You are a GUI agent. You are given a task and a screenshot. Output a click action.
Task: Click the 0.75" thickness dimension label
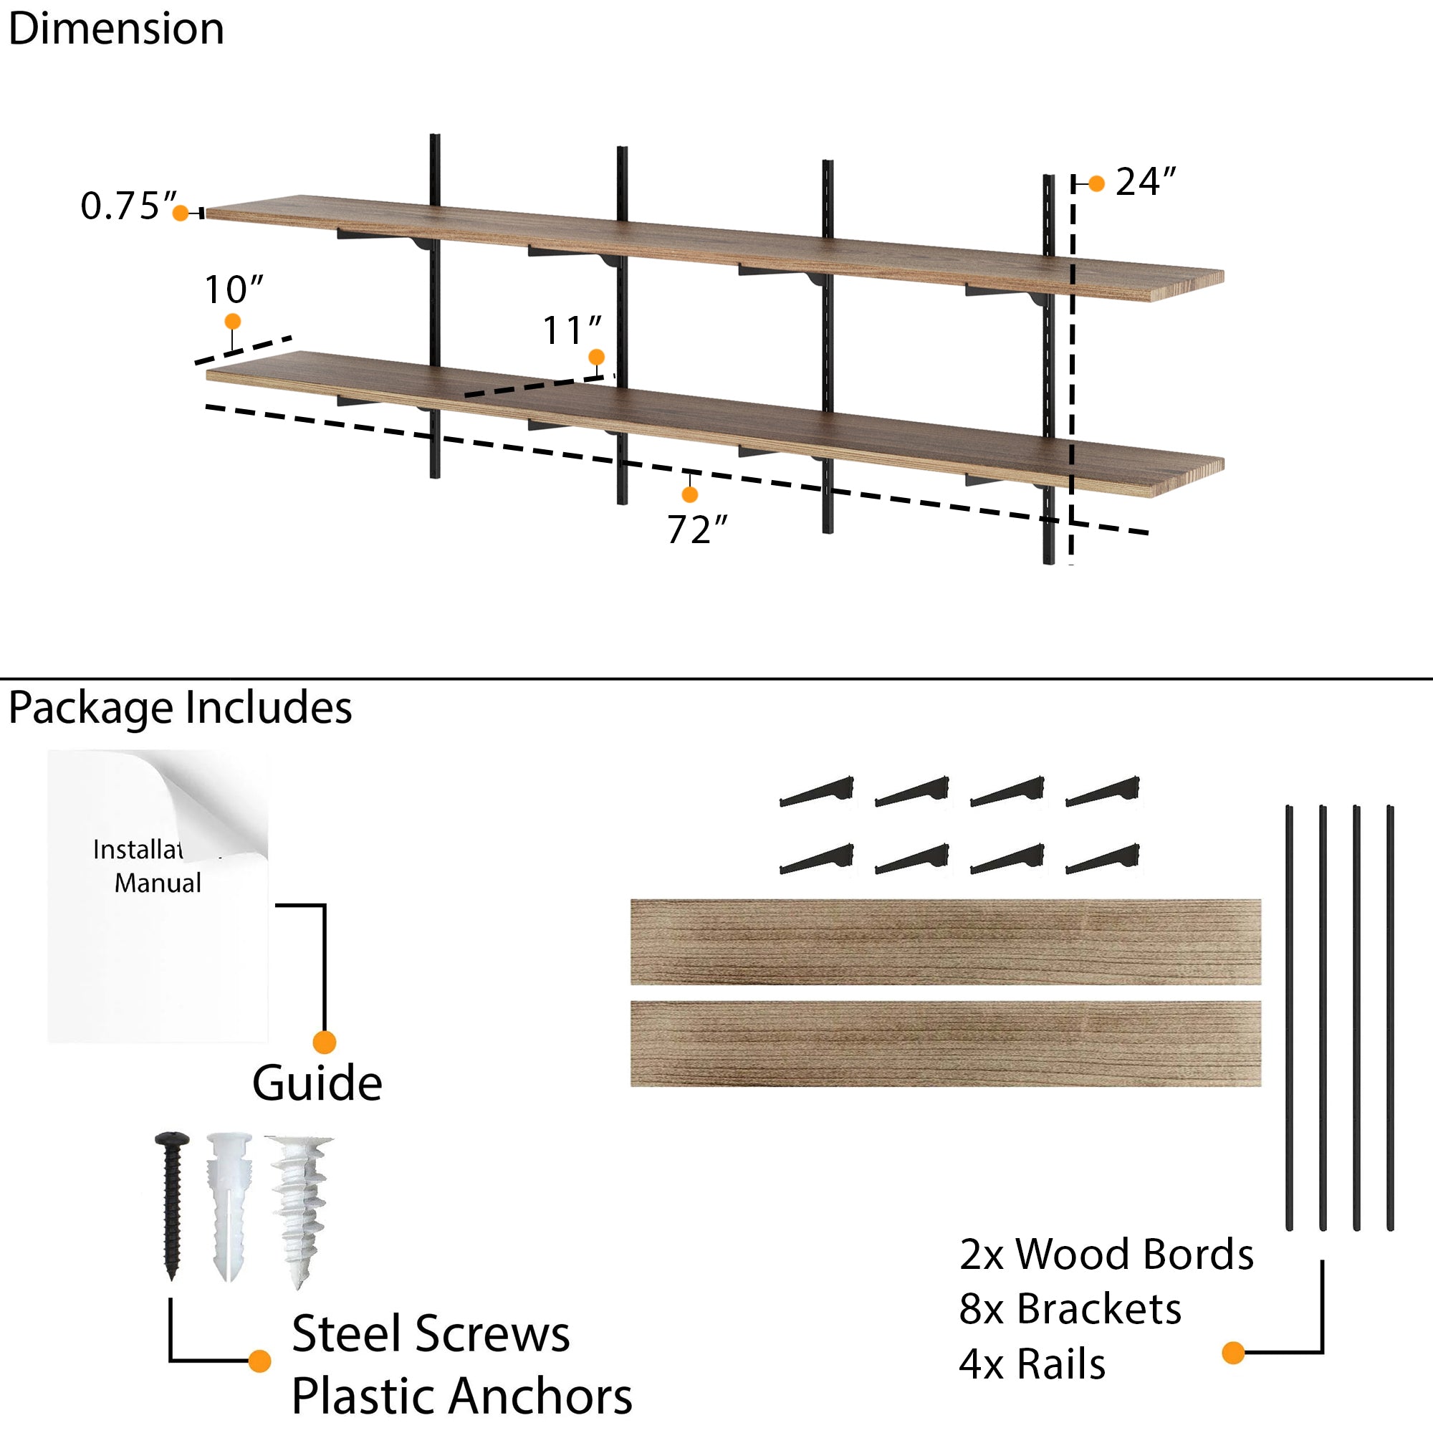click(128, 206)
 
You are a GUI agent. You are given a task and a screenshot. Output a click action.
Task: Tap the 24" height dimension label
click(1145, 183)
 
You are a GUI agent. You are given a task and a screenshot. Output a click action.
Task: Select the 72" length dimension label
click(696, 530)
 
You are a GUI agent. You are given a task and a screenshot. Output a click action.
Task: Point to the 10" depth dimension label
click(234, 290)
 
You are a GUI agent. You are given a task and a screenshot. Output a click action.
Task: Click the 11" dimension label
click(572, 331)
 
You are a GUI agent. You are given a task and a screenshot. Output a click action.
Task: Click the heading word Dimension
click(117, 29)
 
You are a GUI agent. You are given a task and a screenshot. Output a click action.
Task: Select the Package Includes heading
click(181, 708)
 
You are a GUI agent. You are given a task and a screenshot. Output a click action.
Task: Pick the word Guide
click(317, 1083)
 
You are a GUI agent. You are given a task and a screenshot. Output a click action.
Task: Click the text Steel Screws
click(430, 1333)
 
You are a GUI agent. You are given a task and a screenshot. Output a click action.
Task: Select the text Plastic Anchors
click(461, 1396)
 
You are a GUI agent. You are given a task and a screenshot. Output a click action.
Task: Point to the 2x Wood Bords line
click(1106, 1255)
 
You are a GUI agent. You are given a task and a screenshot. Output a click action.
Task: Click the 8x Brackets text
click(1070, 1309)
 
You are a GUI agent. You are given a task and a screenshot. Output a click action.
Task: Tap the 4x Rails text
click(1032, 1364)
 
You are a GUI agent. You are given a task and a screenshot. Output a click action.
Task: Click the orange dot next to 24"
click(1096, 183)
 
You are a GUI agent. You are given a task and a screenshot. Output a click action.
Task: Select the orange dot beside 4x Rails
click(1232, 1353)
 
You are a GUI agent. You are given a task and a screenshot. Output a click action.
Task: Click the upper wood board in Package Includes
click(946, 942)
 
